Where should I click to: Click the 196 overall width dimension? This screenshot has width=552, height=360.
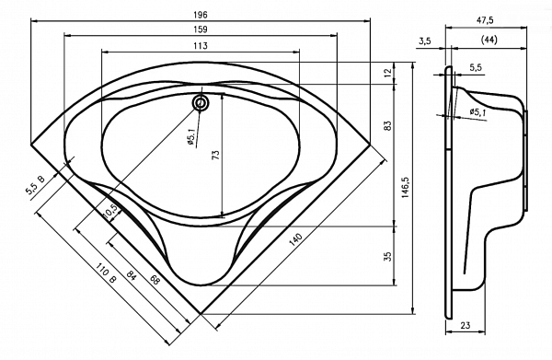201,15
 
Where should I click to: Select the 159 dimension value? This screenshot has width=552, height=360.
201,29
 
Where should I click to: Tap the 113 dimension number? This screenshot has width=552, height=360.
201,46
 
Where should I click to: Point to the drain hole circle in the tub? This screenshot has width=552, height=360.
201,103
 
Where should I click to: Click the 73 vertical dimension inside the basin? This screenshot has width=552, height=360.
215,155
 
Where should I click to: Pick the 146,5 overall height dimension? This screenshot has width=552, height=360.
405,188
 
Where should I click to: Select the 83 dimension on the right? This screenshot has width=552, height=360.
387,126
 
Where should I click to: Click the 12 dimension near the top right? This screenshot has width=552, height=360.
387,73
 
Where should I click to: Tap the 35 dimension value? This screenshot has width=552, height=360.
387,256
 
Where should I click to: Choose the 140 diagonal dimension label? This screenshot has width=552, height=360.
296,240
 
